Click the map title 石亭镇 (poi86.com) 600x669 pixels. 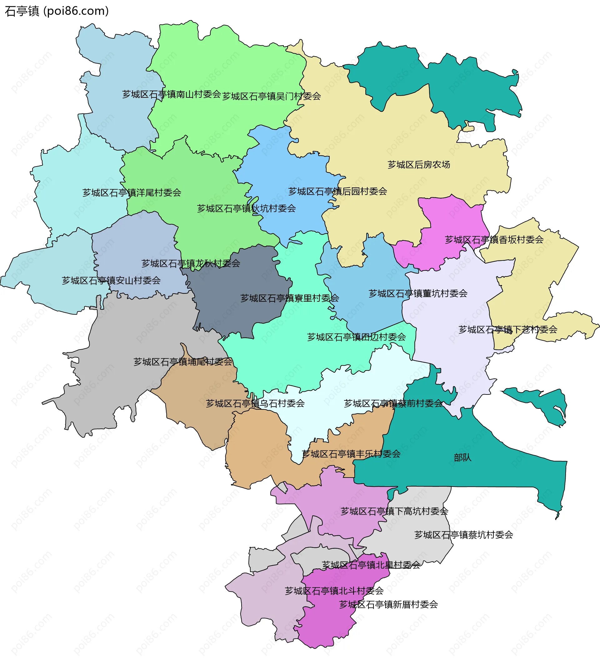coord(56,11)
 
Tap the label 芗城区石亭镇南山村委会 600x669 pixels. coord(172,94)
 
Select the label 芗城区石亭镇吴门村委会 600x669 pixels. coord(271,96)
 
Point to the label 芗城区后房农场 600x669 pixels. coord(419,165)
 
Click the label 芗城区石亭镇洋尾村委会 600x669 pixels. coord(132,192)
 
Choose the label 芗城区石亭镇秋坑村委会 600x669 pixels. coord(246,208)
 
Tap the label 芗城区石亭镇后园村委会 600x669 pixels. coord(337,191)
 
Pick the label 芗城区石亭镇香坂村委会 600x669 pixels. coord(494,240)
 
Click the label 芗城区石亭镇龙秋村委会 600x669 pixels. coord(191,263)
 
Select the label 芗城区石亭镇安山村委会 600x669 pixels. coord(111,280)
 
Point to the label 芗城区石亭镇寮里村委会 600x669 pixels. coord(289,298)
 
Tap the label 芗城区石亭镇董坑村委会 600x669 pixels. coord(418,293)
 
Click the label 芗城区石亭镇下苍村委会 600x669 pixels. coord(508,329)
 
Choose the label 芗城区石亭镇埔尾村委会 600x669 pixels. coord(182,362)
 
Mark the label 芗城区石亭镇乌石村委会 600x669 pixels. coord(255,404)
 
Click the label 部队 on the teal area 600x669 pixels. coord(462,458)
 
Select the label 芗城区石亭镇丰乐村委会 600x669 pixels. coord(351,454)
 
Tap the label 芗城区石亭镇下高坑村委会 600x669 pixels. coord(394,511)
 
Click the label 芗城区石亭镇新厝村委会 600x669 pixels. coord(388,604)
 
